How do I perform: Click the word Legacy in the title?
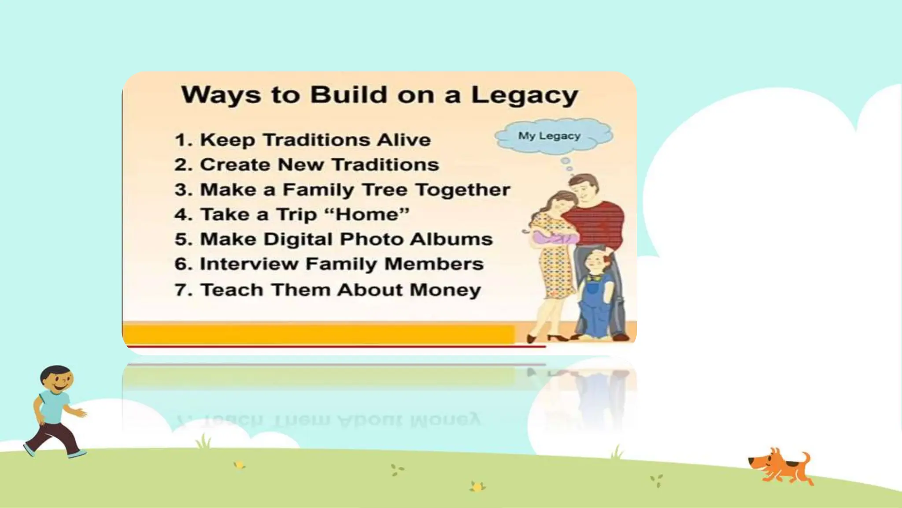pos(525,96)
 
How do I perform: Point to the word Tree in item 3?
pos(386,190)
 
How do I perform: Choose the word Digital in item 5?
pos(299,239)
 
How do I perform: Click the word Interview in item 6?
pos(249,265)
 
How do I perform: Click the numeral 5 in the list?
pos(181,239)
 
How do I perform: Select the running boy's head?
pos(56,379)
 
